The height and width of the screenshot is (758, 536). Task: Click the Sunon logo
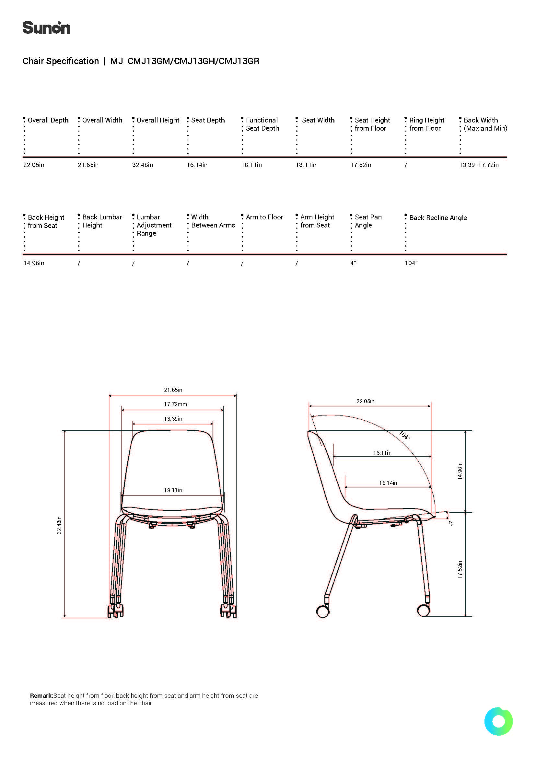(46, 28)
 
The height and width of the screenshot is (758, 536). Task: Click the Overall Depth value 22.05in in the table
(34, 165)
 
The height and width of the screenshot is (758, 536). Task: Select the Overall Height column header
(158, 120)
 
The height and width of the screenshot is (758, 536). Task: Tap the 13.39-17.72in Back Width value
(479, 165)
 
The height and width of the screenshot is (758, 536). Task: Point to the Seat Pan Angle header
(368, 221)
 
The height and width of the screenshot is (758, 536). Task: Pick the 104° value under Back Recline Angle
(411, 263)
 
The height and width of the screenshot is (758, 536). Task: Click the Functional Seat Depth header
(262, 124)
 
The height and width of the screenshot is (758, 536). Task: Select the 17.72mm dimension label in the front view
(175, 404)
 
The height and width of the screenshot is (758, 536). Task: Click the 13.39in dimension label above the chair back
(173, 419)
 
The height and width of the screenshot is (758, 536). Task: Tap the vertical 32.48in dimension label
(59, 525)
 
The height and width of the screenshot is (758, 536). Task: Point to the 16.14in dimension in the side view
(388, 483)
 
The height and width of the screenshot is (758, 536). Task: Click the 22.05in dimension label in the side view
(365, 401)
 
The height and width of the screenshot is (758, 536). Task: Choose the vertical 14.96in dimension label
(460, 471)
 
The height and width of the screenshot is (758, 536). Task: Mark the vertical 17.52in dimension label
(460, 569)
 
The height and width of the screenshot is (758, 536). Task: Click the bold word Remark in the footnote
(41, 695)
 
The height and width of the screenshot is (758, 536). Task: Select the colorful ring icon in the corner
(498, 721)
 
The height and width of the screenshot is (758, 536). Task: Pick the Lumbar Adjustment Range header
(154, 225)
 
